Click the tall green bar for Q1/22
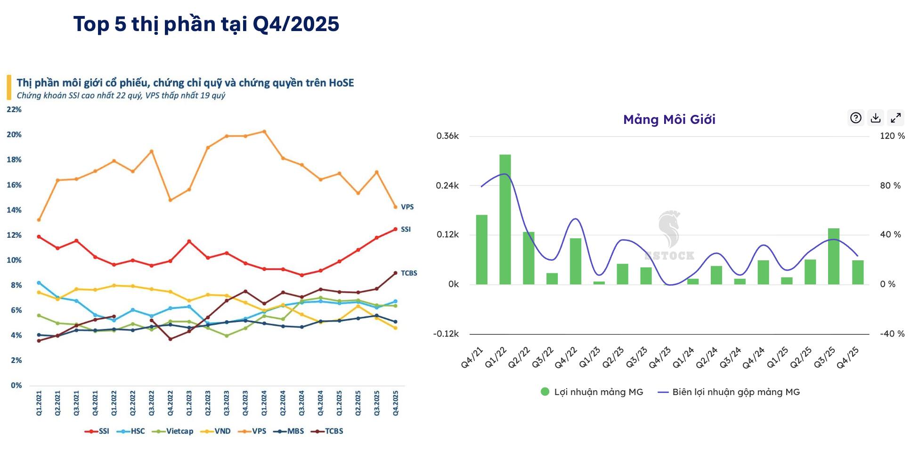click(505, 219)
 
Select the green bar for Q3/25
click(834, 256)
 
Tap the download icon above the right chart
click(876, 118)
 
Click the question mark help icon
click(855, 118)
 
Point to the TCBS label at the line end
click(409, 273)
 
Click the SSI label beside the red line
click(406, 229)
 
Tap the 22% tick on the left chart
click(14, 109)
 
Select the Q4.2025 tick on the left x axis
click(396, 403)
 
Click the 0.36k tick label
click(447, 136)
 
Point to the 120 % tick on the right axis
click(892, 136)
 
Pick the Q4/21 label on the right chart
click(472, 358)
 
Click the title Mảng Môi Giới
click(669, 120)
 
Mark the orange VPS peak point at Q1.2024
click(264, 132)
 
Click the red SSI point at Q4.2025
click(395, 229)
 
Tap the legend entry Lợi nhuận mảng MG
click(592, 392)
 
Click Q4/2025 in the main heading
click(296, 24)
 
